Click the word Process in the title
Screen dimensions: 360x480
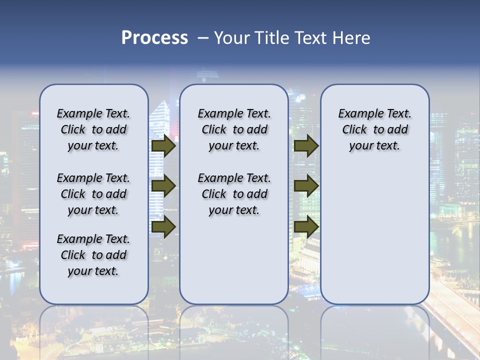tap(154, 38)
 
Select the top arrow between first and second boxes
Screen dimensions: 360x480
tap(163, 146)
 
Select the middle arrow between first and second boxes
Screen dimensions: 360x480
tap(163, 186)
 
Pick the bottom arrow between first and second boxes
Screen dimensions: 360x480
tap(163, 227)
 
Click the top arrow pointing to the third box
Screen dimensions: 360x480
tap(306, 146)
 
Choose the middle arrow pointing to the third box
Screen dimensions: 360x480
tap(306, 186)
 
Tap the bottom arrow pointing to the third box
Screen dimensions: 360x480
tap(306, 227)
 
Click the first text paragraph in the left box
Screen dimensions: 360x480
tap(93, 129)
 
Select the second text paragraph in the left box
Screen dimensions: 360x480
tap(93, 194)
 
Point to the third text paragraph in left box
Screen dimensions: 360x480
tap(93, 255)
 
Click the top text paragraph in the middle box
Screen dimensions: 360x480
tap(234, 129)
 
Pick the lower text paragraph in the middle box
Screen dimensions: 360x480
tap(234, 194)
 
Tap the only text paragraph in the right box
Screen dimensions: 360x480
tap(374, 129)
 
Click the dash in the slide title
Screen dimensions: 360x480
tap(203, 38)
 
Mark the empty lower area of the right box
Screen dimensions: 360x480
tap(374, 230)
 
